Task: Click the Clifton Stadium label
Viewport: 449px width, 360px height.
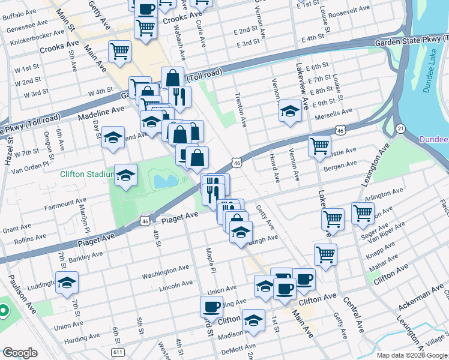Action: click(x=86, y=175)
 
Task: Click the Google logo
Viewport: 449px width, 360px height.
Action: click(x=20, y=353)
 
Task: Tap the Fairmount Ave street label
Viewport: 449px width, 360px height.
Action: click(x=65, y=205)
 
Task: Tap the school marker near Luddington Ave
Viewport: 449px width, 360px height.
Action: click(x=67, y=283)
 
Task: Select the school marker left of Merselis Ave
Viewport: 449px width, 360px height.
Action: click(x=291, y=110)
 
